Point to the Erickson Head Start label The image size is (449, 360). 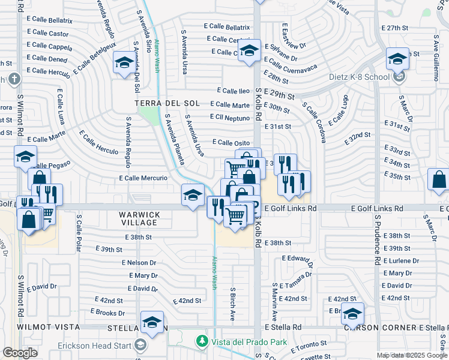[x=95, y=345]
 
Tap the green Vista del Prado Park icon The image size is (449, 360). [x=203, y=341]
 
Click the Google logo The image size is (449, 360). [x=20, y=353]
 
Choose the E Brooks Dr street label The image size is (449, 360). [x=107, y=313]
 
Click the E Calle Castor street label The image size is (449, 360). [x=50, y=34]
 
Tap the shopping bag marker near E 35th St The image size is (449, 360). [x=439, y=179]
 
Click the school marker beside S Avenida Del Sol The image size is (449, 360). [x=124, y=62]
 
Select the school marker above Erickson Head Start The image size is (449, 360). [x=152, y=322]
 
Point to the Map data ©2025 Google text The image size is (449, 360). [x=411, y=355]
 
